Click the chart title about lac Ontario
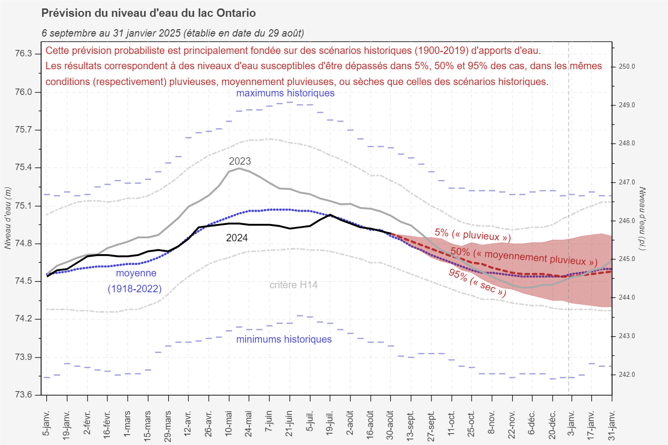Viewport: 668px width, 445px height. coord(148,13)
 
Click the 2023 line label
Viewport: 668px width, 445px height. coord(240,161)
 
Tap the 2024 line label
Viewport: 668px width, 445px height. coord(237,238)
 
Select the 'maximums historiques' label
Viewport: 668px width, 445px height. coord(285,93)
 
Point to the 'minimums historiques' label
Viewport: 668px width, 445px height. coord(284,339)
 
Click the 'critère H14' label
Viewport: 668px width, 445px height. coord(293,285)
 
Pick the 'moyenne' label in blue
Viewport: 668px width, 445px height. coord(136,273)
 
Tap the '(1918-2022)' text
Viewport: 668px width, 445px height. coord(135,289)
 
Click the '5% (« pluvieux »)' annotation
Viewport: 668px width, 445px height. coord(473,235)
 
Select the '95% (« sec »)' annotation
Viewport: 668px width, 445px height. coord(477,282)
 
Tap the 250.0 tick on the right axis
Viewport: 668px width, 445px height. coord(627,67)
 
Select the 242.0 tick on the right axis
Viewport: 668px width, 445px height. coord(627,375)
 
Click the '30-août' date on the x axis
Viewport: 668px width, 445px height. coord(390,425)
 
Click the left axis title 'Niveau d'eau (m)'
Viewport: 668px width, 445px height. coord(7,218)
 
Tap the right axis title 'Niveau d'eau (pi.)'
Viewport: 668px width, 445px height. coord(642,218)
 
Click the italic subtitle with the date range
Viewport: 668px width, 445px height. coord(173,33)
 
